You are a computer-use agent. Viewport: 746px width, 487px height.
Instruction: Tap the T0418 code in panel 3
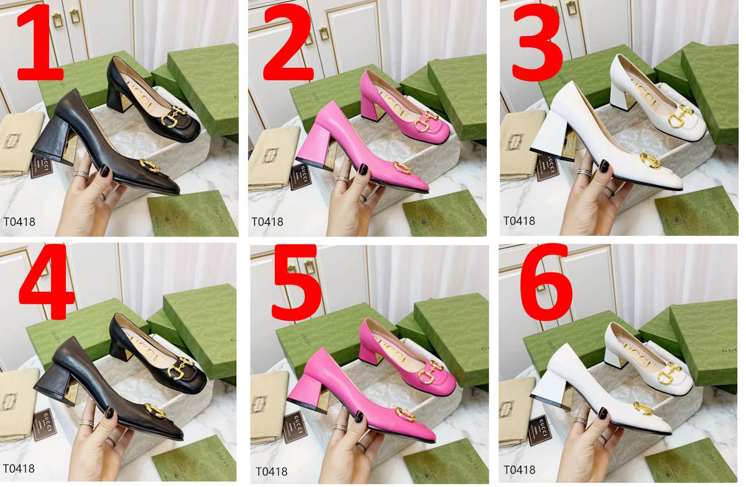pos(519,221)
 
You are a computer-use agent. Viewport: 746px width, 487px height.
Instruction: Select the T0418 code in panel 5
pos(272,472)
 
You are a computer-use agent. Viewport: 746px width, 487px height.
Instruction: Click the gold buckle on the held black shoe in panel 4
pos(154,410)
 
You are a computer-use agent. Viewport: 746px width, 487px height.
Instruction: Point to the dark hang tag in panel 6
pos(539,429)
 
